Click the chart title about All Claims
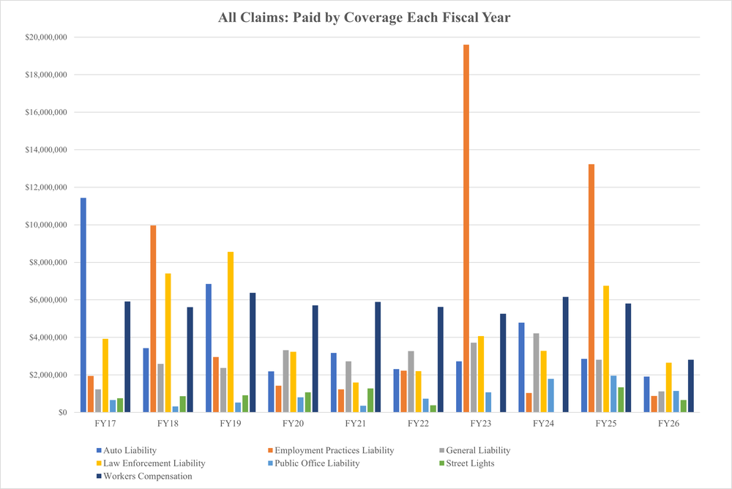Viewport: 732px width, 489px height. pyautogui.click(x=364, y=18)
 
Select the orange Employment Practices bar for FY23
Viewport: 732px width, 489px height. pyautogui.click(x=466, y=228)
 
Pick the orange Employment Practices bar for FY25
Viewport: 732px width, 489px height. pyautogui.click(x=591, y=288)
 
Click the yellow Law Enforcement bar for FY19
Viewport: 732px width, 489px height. pyautogui.click(x=230, y=332)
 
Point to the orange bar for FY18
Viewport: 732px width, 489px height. pyautogui.click(x=154, y=319)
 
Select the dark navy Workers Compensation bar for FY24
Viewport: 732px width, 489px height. pyautogui.click(x=565, y=354)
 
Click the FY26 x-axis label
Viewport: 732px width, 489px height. pyautogui.click(x=668, y=424)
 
